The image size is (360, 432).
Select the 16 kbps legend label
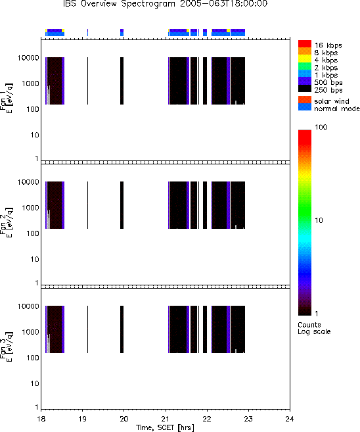pyautogui.click(x=328, y=45)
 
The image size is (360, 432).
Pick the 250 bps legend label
pyautogui.click(x=328, y=90)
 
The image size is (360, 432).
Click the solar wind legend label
pyautogui.click(x=332, y=101)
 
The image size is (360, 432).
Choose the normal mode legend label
pyautogui.click(x=337, y=108)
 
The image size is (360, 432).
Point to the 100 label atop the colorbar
pyautogui.click(x=321, y=127)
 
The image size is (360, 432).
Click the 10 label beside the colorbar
pyautogui.click(x=319, y=220)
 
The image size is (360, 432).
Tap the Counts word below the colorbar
pyautogui.click(x=309, y=325)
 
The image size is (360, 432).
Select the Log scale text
pyautogui.click(x=314, y=331)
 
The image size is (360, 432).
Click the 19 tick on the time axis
pyautogui.click(x=83, y=419)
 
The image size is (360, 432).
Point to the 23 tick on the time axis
pyautogui.click(x=248, y=419)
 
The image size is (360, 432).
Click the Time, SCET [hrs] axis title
pyautogui.click(x=165, y=427)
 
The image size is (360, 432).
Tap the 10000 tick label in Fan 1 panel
pyautogui.click(x=28, y=58)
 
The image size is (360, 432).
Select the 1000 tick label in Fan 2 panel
pyautogui.click(x=30, y=208)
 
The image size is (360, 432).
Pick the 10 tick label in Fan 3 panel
pyautogui.click(x=35, y=383)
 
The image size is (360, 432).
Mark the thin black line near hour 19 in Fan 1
pyautogui.click(x=87, y=81)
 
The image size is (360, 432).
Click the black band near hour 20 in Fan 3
pyautogui.click(x=122, y=329)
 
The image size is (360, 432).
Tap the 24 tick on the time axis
pyautogui.click(x=290, y=419)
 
